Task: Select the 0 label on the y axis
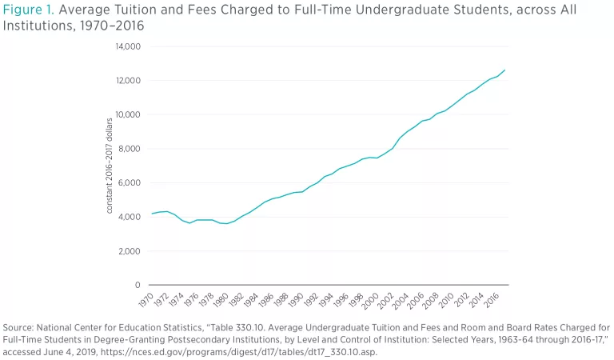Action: [x=138, y=286]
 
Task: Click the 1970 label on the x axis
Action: [x=146, y=301]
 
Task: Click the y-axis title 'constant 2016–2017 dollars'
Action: [x=110, y=166]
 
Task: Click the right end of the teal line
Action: [x=504, y=70]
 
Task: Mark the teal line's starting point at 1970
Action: [x=151, y=214]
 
